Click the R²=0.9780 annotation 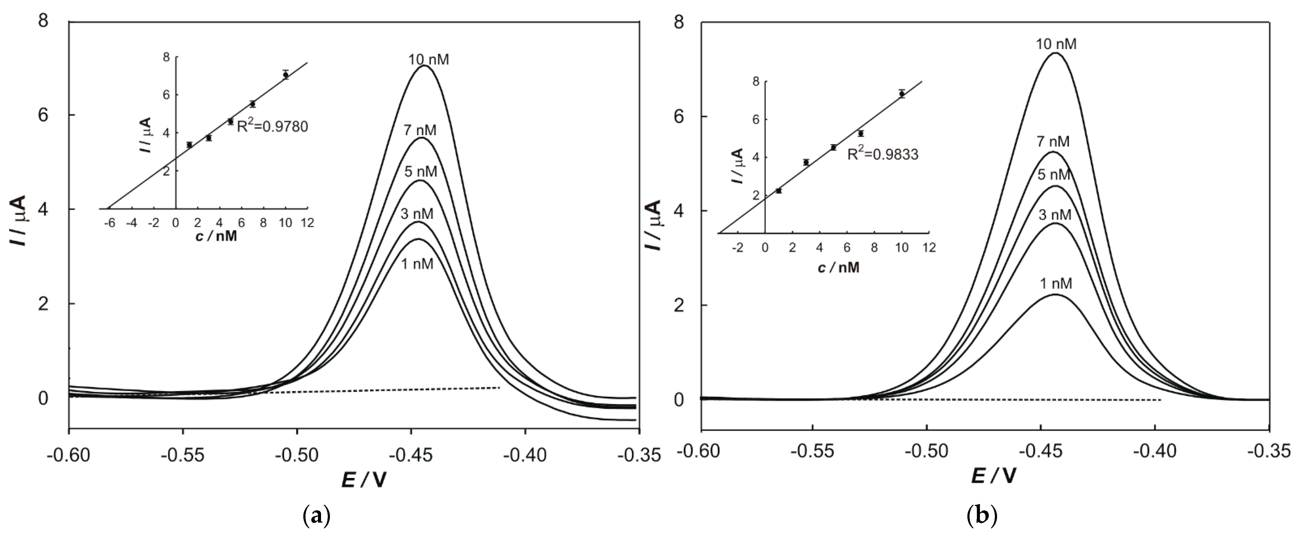273,126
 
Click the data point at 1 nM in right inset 779,190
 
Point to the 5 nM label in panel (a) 421,172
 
